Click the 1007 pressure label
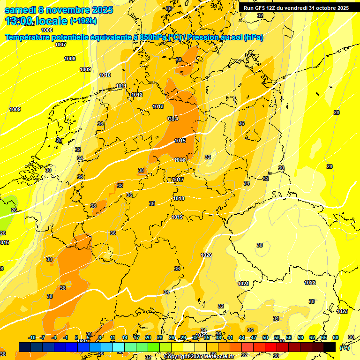(60, 45)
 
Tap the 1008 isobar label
(70, 59)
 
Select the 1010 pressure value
(105, 75)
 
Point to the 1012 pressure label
(137, 95)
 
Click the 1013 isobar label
(158, 106)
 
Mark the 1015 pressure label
(180, 141)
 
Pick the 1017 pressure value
(178, 180)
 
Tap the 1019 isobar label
(177, 217)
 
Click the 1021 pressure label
(243, 284)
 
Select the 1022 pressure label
(310, 283)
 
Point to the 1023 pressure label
(342, 311)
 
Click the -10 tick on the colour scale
(32, 337)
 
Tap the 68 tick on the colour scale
(336, 337)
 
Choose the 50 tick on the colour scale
(265, 337)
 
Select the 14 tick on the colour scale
(125, 337)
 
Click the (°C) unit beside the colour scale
(344, 347)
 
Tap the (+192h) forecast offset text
(83, 21)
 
